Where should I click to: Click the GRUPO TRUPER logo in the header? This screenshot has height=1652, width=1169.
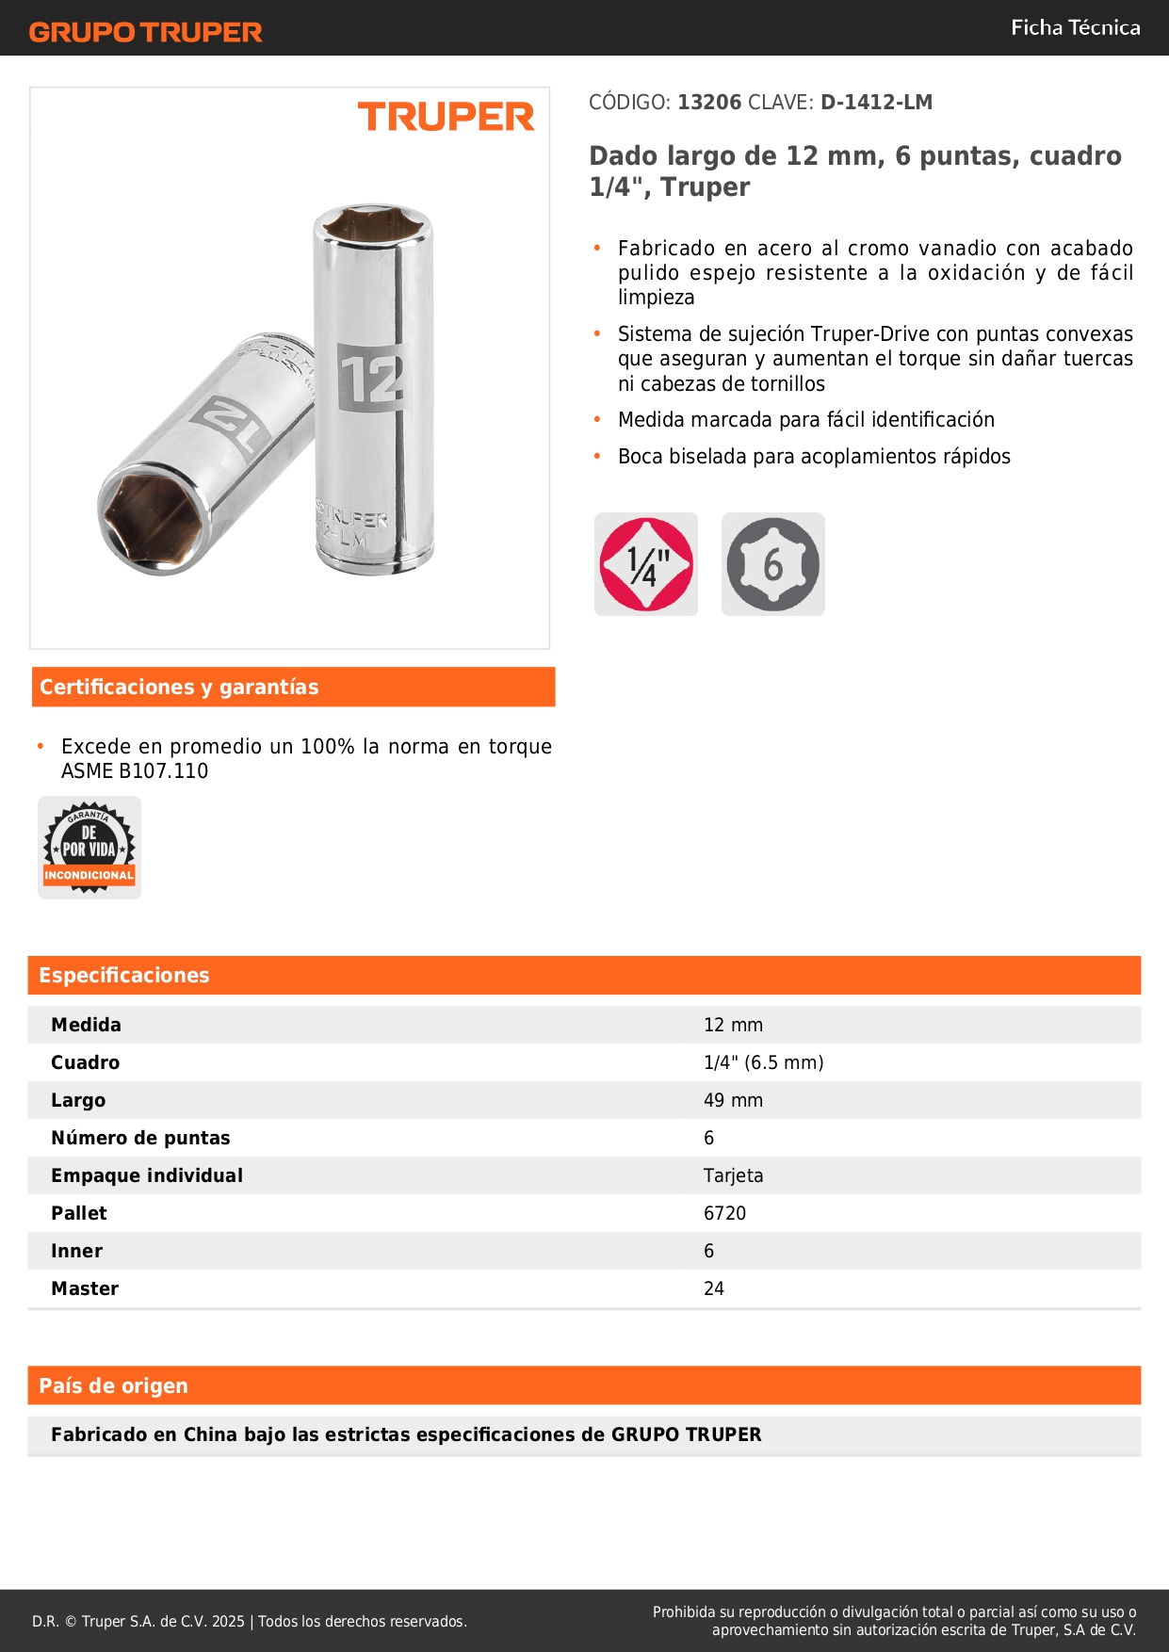145,32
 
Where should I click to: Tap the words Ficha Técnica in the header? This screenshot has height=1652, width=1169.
1075,27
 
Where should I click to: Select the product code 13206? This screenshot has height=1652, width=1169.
709,103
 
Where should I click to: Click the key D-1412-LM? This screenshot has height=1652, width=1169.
876,103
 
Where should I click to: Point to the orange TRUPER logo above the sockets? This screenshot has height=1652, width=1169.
446,117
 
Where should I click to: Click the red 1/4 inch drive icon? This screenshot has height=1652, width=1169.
646,564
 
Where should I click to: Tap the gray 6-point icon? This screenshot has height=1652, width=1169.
772,564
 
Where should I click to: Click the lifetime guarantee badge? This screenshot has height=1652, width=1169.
89,848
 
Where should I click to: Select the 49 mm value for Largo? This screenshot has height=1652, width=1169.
733,1100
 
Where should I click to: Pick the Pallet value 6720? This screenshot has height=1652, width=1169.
724,1213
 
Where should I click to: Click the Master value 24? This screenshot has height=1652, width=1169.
714,1288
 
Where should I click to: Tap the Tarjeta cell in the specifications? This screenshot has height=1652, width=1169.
733,1175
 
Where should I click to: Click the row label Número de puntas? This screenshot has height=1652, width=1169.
140,1138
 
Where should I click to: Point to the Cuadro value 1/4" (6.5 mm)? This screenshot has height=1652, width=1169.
763,1062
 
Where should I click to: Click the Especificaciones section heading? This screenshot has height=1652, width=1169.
124,975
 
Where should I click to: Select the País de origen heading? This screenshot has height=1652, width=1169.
113,1385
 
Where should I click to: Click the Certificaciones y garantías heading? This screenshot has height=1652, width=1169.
179,687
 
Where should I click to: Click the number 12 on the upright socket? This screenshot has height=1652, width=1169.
372,379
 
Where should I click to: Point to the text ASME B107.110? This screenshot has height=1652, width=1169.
135,770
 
